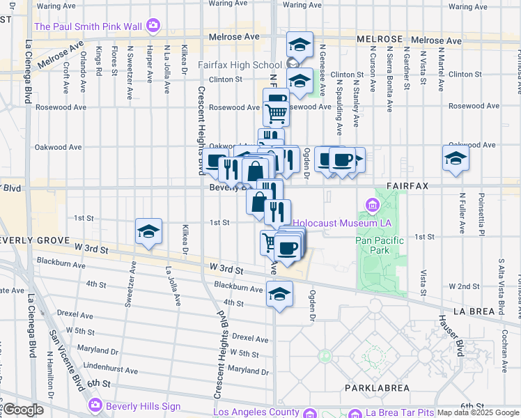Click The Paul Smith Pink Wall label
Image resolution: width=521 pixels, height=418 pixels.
(88, 26)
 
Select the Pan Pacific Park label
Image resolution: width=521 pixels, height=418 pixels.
(382, 245)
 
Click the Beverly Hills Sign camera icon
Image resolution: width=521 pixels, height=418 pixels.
(95, 405)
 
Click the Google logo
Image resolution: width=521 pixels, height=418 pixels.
(24, 410)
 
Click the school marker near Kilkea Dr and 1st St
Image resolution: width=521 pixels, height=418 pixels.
(148, 231)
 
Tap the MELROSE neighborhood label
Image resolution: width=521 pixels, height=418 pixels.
(380, 39)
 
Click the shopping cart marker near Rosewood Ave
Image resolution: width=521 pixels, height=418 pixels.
(277, 111)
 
